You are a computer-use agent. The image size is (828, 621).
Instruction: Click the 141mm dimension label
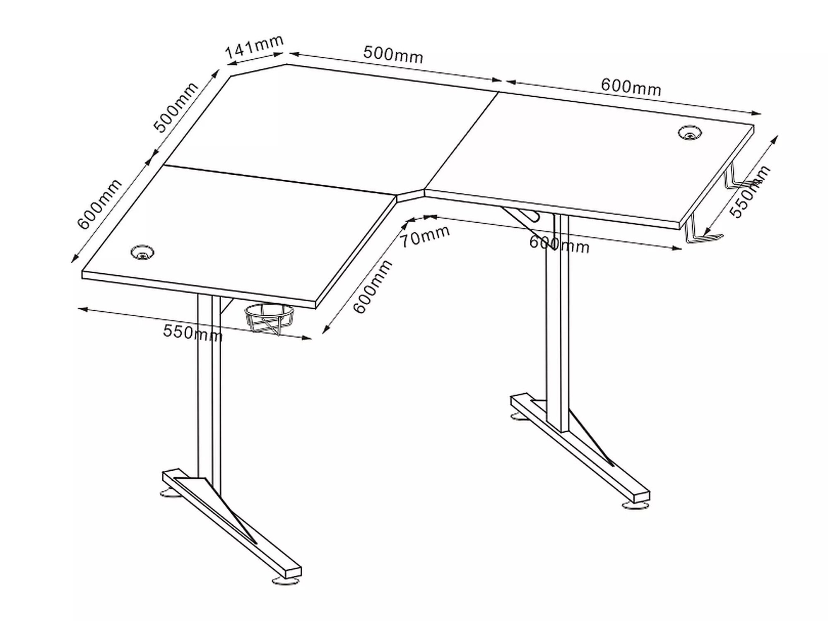[x=254, y=46]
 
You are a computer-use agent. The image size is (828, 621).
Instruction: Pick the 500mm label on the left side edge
[x=176, y=107]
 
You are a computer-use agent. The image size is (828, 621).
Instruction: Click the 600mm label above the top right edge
[x=631, y=87]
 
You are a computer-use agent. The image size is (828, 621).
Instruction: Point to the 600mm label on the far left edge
[x=99, y=204]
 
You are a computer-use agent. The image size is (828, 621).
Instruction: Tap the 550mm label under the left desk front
[x=192, y=332]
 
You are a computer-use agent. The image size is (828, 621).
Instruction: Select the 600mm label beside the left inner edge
[x=372, y=286]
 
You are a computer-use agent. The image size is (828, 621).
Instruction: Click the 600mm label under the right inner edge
[x=559, y=244]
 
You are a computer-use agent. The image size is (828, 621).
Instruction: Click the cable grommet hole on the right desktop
[x=690, y=133]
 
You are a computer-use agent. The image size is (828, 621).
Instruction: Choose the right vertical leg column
[x=557, y=323]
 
